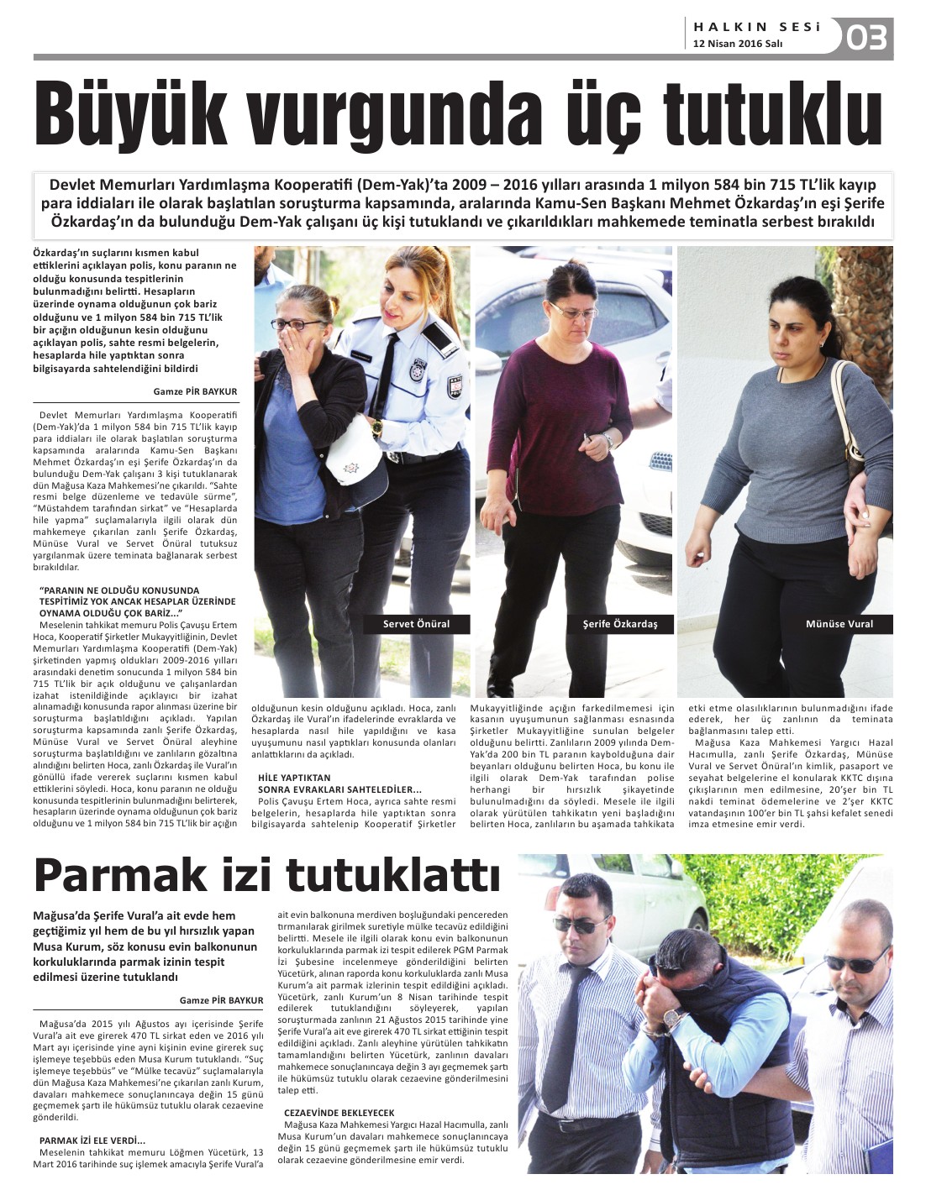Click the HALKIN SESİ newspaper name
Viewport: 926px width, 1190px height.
pos(756,27)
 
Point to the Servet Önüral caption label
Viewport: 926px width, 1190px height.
pos(416,624)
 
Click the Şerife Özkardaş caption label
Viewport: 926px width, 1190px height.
pos(620,624)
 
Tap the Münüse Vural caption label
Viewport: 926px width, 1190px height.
pos(839,624)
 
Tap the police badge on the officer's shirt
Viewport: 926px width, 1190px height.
pos(418,370)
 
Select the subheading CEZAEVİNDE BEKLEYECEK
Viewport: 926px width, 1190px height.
pos(339,1113)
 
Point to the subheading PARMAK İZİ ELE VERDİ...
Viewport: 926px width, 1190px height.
pos(92,1140)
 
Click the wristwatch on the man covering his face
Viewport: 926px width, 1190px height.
pos(673,1019)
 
